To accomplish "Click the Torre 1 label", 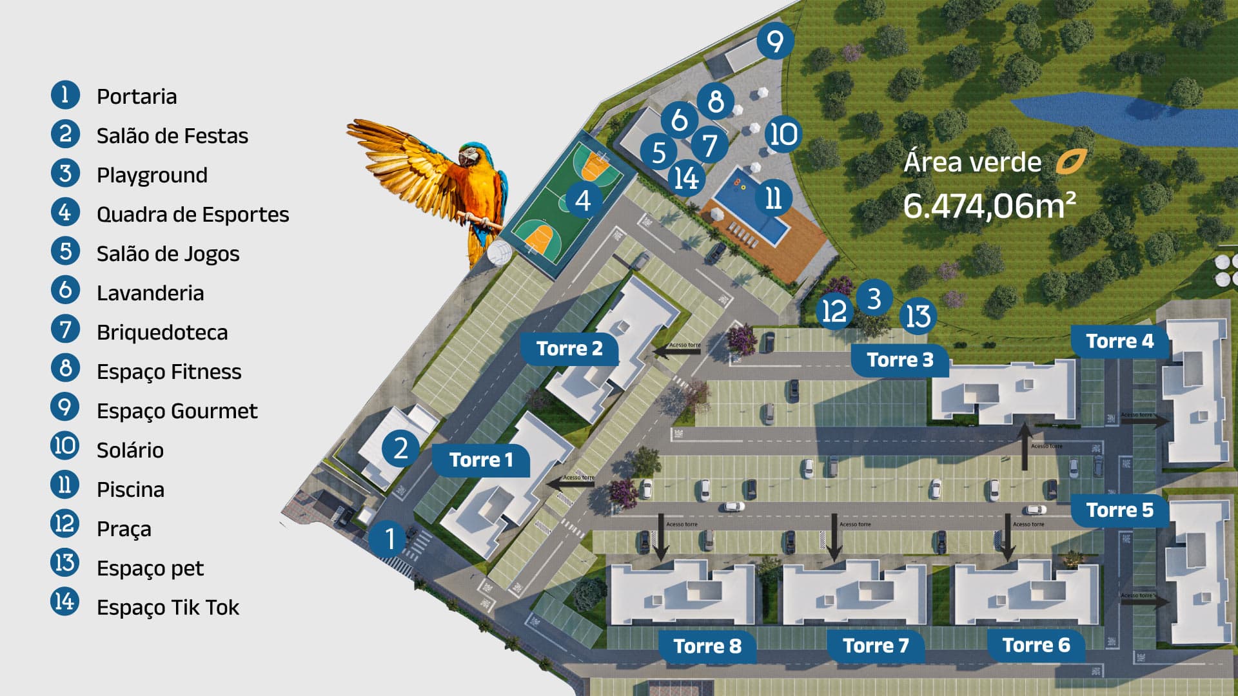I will click(x=481, y=459).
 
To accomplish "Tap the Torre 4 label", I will click(x=1119, y=341).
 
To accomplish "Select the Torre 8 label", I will click(x=707, y=646).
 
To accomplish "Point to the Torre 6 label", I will click(x=1036, y=645).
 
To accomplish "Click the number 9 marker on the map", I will click(x=774, y=41).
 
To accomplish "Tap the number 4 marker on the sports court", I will click(x=583, y=200).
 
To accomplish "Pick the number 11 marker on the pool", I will click(x=772, y=198).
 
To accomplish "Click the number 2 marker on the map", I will click(x=400, y=448).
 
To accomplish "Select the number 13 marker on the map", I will click(x=918, y=316).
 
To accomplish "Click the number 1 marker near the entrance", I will click(x=389, y=538).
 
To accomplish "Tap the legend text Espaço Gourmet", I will click(x=177, y=411).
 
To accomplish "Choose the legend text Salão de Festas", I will click(x=172, y=136).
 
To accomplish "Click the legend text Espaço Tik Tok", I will click(x=168, y=608).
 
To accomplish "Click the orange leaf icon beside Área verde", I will click(x=1071, y=162).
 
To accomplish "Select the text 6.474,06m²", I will click(x=989, y=206).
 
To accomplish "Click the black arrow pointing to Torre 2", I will click(x=668, y=351).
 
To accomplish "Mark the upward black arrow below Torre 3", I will click(x=1025, y=446).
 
